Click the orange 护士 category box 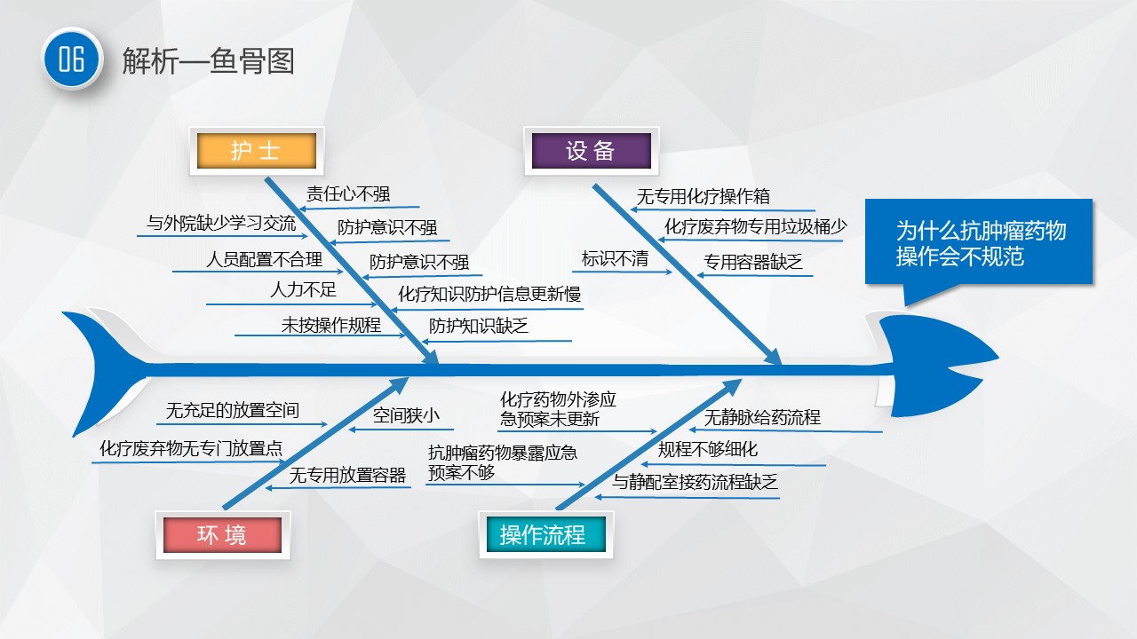[x=257, y=151]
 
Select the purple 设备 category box [x=592, y=151]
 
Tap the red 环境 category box [x=222, y=535]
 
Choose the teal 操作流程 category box [x=546, y=534]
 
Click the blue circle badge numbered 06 [x=72, y=59]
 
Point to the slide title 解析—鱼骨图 [x=208, y=61]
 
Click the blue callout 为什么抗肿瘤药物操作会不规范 [x=979, y=243]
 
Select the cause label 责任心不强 [x=348, y=193]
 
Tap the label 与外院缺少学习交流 [x=221, y=223]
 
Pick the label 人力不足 [x=303, y=290]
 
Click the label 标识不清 [x=615, y=258]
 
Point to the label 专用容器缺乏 [x=752, y=262]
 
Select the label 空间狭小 [x=406, y=415]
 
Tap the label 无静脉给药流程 [x=762, y=417]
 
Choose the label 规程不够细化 [x=708, y=449]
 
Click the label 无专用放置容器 [x=347, y=475]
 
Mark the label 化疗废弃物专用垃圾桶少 [x=755, y=226]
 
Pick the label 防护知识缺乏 [x=478, y=326]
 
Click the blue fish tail [x=104, y=373]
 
